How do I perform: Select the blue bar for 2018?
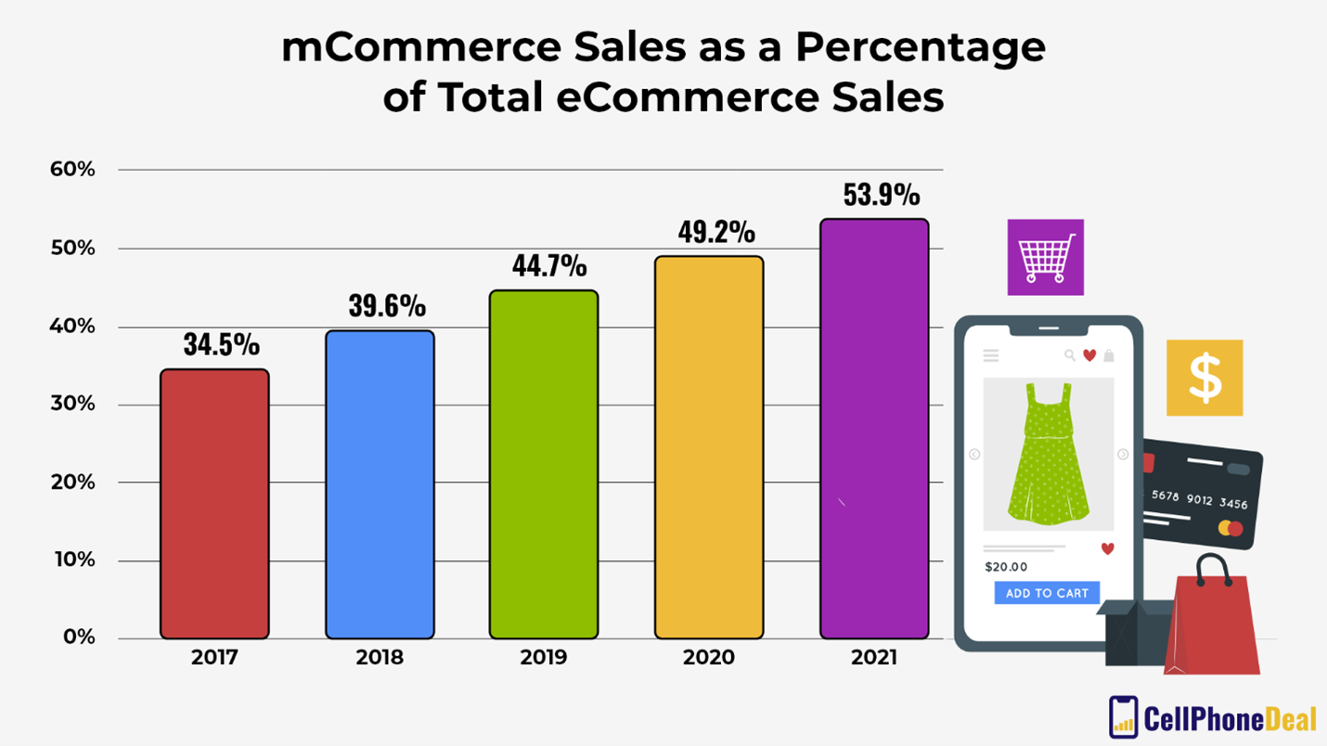380,484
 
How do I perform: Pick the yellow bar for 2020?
709,447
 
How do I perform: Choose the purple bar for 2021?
874,429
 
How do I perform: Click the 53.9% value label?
881,195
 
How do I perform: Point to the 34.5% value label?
221,345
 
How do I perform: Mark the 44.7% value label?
549,266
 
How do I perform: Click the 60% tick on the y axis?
72,170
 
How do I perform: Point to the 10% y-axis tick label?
72,560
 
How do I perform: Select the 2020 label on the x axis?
709,658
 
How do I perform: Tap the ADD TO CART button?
1047,593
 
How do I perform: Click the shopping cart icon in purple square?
1046,257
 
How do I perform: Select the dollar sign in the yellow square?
1205,378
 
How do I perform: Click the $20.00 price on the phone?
1006,567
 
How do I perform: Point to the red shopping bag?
1214,622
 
